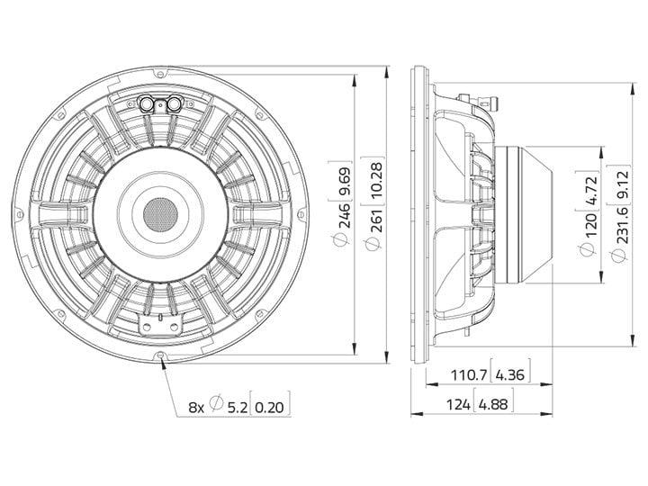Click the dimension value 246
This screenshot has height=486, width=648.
[x=344, y=215]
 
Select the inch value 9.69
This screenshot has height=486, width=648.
[x=344, y=182]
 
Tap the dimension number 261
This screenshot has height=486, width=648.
[x=377, y=216]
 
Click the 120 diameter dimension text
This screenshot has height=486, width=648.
[x=591, y=224]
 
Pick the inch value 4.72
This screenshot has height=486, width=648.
[x=591, y=191]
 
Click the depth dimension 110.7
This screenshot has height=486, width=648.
[x=468, y=374]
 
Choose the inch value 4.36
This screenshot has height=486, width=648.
[x=509, y=374]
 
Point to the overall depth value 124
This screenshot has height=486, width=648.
[x=458, y=404]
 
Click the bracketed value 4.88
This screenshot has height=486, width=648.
[x=493, y=404]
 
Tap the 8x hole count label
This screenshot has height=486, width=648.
[x=196, y=408]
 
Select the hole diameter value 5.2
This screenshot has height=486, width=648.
[x=238, y=408]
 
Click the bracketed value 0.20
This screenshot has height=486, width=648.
[x=269, y=408]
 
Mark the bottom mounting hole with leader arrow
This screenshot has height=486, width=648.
[x=160, y=355]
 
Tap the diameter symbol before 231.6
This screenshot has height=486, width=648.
[x=620, y=255]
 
